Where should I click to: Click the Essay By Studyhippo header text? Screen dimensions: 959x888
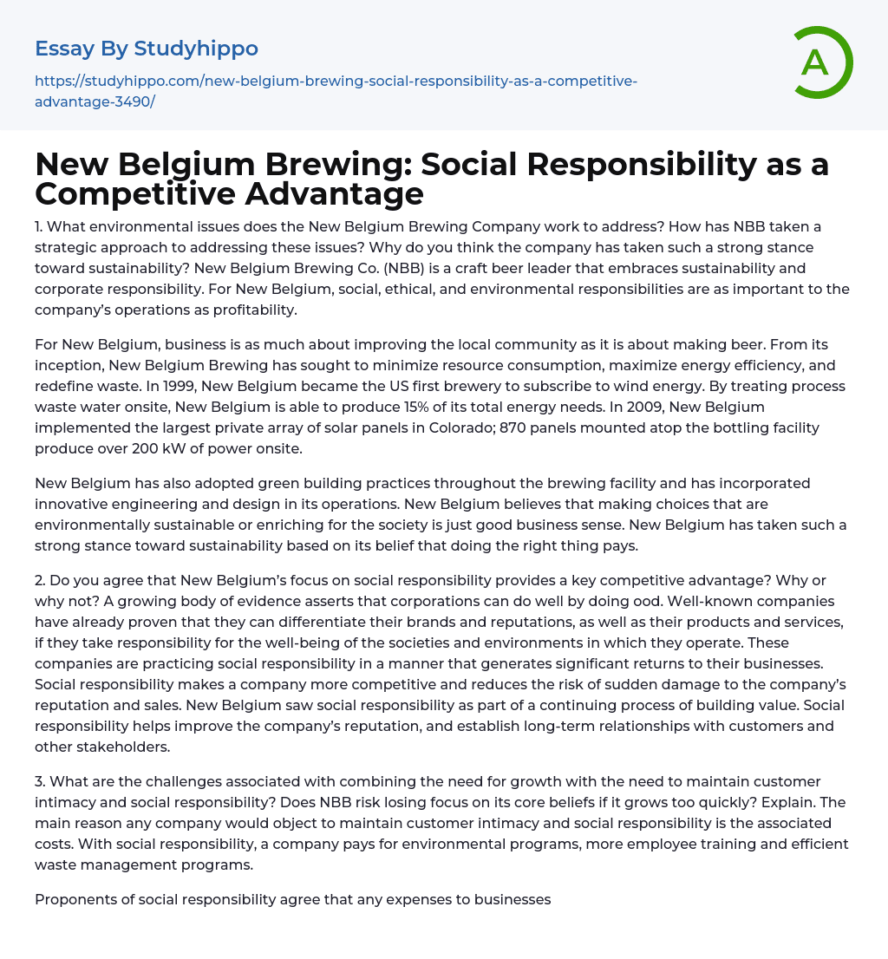[x=147, y=49]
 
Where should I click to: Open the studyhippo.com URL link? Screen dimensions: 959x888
[x=336, y=91]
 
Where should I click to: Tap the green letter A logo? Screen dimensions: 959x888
[x=817, y=62]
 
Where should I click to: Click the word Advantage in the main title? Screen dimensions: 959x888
[x=335, y=193]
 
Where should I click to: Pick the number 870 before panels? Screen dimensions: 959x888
[x=519, y=427]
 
